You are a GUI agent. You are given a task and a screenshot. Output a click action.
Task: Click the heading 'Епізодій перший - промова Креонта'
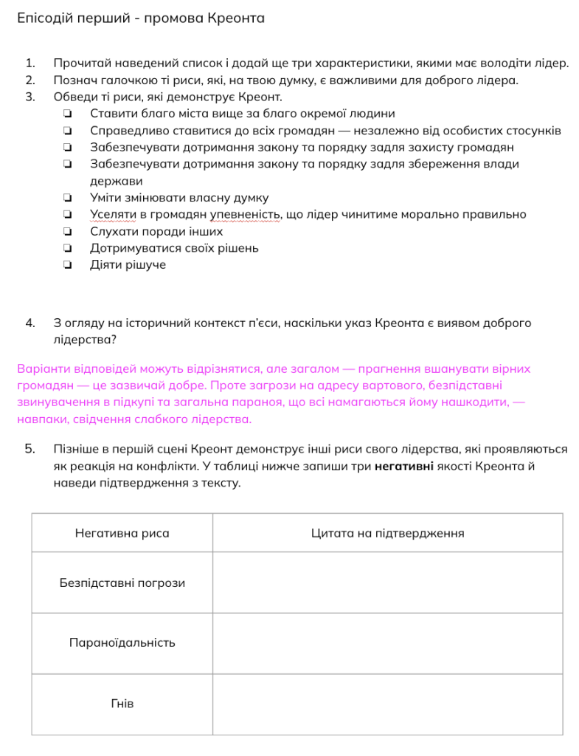[x=140, y=18]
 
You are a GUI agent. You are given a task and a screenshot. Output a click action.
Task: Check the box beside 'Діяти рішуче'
[x=67, y=265]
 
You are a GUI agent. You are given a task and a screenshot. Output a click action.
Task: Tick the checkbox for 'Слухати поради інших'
[x=67, y=232]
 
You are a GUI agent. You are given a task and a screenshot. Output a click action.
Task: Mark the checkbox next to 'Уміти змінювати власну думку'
[x=67, y=198]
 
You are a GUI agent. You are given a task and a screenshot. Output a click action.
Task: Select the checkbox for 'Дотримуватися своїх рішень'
[x=67, y=248]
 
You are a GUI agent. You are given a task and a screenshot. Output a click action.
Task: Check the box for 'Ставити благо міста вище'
[x=67, y=114]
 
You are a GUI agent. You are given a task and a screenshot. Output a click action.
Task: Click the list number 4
[x=30, y=323]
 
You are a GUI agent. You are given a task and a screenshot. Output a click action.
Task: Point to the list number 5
[x=30, y=448]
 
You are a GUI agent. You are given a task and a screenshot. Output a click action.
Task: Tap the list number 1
[x=30, y=63]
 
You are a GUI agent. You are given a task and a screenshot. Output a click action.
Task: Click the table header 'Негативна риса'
[x=122, y=533]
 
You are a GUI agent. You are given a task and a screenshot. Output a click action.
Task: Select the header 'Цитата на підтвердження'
[x=387, y=533]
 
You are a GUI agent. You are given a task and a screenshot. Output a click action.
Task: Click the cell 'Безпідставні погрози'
[x=122, y=583]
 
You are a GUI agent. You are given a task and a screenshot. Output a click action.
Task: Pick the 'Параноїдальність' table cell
[x=122, y=643]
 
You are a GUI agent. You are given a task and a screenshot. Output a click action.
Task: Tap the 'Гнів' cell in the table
[x=122, y=704]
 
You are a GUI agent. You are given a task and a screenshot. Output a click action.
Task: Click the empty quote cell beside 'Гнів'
[x=387, y=704]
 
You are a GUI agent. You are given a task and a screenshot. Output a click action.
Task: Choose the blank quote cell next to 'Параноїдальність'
[x=387, y=643]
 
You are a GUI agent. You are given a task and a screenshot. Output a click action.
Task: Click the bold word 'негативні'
[x=403, y=466]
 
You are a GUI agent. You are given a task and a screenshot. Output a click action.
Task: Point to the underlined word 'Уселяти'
[x=111, y=215]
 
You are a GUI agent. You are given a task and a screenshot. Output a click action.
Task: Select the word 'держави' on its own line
[x=116, y=181]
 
